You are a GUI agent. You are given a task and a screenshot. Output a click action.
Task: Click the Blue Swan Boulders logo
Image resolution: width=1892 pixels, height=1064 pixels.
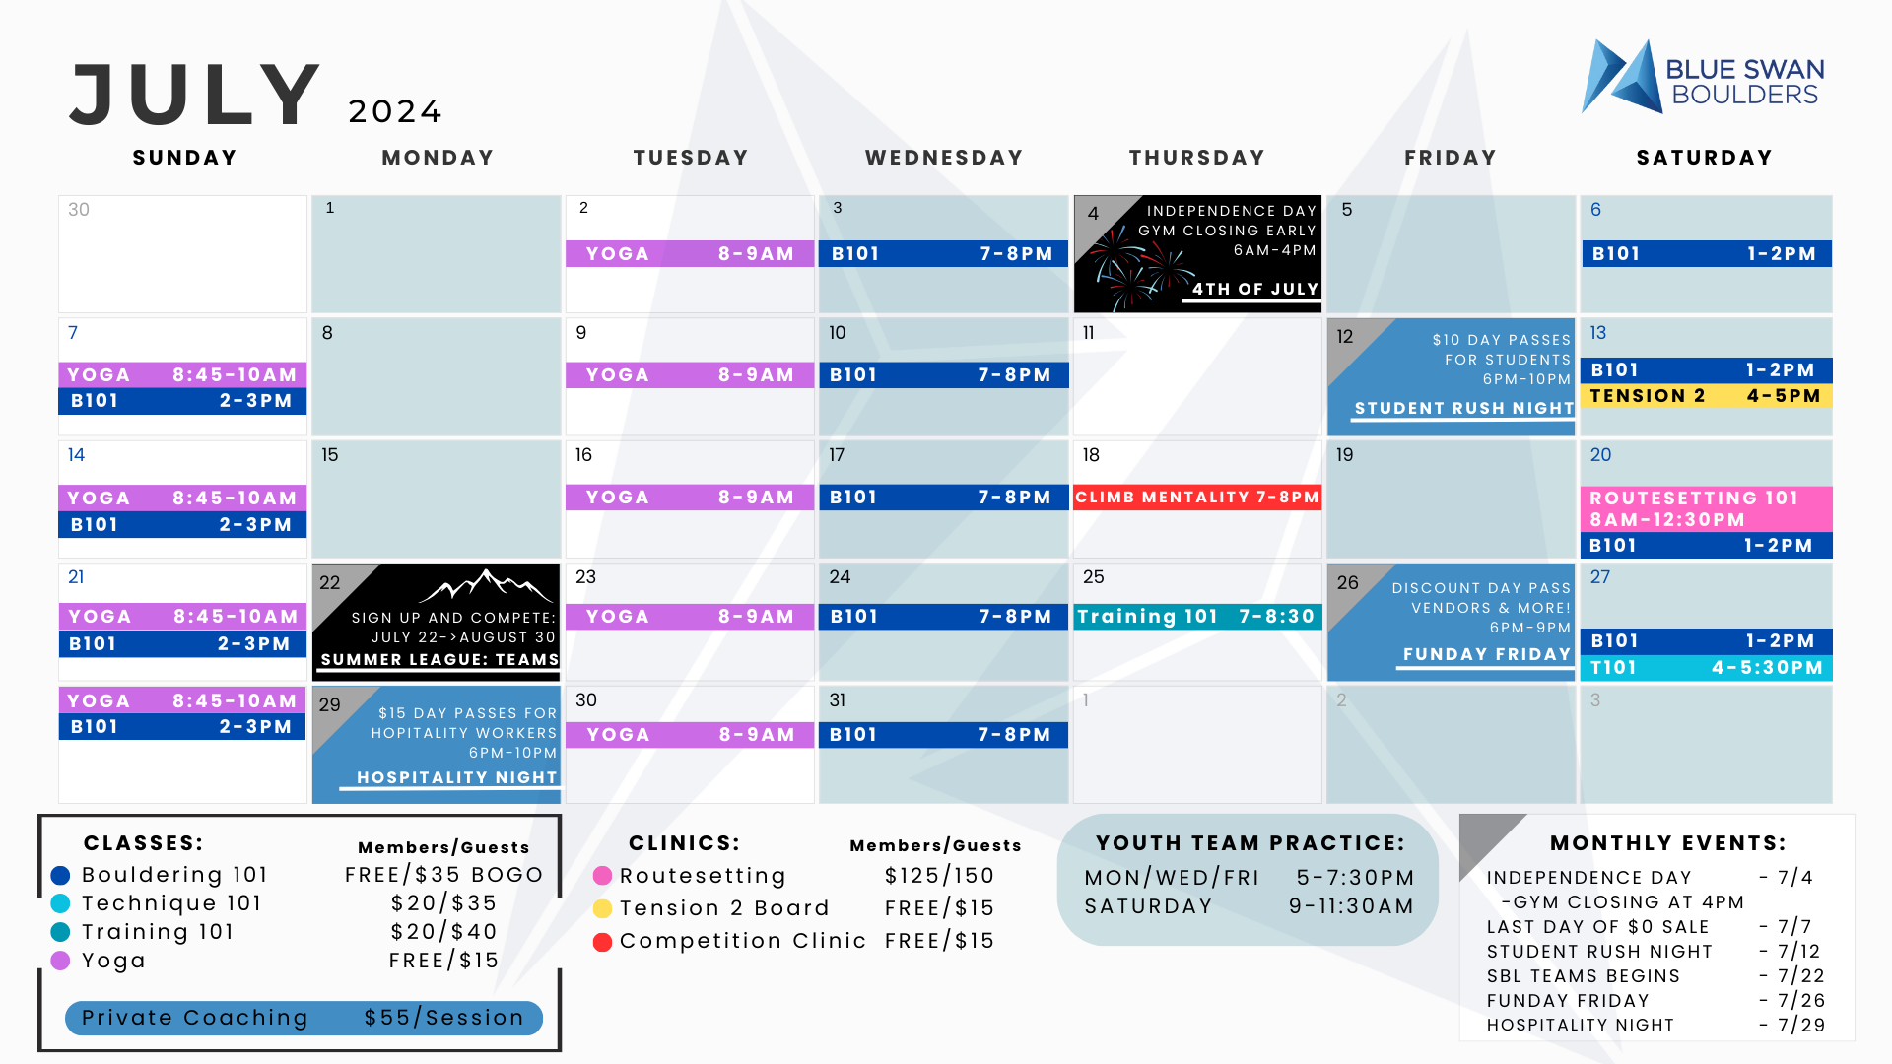(x=1703, y=77)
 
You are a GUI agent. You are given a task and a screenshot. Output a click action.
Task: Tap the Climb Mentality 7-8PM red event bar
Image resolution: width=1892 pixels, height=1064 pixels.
(x=1197, y=498)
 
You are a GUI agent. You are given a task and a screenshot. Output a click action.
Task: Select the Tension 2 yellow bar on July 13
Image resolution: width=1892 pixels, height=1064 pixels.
(x=1706, y=396)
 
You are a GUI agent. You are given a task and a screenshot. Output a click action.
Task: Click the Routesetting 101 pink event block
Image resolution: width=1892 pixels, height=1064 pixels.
(x=1706, y=508)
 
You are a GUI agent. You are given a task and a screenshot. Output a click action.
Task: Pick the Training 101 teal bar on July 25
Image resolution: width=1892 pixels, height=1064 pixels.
(x=1197, y=617)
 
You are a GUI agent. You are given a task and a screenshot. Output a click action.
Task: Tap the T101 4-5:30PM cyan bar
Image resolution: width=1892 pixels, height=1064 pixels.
(x=1706, y=668)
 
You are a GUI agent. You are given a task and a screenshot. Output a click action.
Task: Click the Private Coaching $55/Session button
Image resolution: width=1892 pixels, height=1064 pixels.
(x=304, y=1018)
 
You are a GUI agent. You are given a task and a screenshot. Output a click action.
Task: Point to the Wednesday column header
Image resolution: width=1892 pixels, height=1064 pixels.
(x=944, y=158)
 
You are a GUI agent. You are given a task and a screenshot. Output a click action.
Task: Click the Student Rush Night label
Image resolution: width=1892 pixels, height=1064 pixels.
(x=1464, y=408)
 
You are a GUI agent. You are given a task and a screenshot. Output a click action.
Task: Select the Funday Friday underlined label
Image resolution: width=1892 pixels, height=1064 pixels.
(x=1487, y=654)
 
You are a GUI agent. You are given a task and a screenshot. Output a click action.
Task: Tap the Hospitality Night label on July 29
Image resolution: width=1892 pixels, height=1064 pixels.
(x=457, y=777)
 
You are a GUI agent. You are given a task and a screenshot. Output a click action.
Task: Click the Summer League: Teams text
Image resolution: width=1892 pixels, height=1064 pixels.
(x=439, y=659)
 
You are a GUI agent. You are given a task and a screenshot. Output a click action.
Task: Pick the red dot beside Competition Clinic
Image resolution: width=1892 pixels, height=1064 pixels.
(x=602, y=942)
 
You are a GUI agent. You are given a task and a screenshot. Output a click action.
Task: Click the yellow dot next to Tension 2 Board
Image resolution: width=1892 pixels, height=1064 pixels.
(x=602, y=908)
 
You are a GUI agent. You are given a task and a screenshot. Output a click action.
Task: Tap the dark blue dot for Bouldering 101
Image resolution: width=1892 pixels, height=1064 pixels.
(x=60, y=875)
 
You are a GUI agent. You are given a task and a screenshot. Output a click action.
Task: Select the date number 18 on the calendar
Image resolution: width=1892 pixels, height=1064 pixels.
(x=1091, y=455)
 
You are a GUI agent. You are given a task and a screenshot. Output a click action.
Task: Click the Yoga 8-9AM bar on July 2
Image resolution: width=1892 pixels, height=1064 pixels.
(x=690, y=254)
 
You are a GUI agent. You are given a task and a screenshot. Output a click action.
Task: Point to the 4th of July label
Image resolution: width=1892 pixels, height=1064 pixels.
(x=1255, y=289)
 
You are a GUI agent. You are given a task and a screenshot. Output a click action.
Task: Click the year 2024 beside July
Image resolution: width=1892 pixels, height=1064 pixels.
(x=395, y=111)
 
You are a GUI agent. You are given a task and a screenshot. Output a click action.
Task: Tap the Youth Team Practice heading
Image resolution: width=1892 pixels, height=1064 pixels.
(x=1250, y=843)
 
